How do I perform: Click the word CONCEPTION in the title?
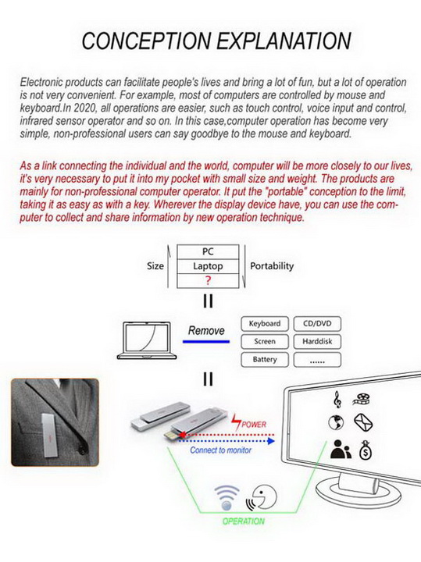tap(146, 41)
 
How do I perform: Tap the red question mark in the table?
tap(208, 281)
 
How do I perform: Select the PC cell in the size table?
tap(208, 252)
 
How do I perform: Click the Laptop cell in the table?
tap(208, 266)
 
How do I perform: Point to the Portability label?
tap(272, 266)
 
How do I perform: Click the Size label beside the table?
tap(155, 266)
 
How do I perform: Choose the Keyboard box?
tap(265, 324)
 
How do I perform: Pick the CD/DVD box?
tap(317, 324)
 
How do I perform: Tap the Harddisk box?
tap(317, 342)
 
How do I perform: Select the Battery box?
tap(265, 360)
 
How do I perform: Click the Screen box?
tap(265, 342)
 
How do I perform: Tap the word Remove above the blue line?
tap(206, 330)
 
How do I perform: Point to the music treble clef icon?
tap(337, 400)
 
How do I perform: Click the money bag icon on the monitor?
tap(366, 450)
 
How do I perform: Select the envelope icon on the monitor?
tap(364, 422)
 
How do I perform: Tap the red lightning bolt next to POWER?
tap(236, 423)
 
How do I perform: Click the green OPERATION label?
tap(244, 521)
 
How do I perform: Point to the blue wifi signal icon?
tap(227, 497)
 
